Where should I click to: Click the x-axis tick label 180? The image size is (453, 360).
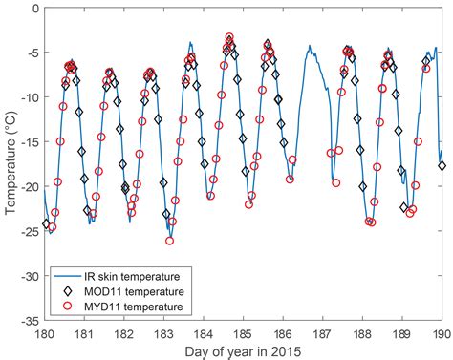(45, 333)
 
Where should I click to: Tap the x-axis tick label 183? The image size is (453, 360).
(163, 333)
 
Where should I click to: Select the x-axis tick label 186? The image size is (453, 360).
(283, 333)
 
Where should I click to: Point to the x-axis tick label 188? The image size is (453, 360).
(362, 333)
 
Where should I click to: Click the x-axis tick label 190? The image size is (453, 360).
(441, 333)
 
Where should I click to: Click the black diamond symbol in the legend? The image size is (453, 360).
(70, 289)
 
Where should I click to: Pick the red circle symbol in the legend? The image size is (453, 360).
(70, 306)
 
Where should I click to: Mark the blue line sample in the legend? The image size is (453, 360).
(70, 272)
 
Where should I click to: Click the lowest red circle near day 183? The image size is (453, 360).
(169, 241)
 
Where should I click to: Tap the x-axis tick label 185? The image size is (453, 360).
(243, 333)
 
